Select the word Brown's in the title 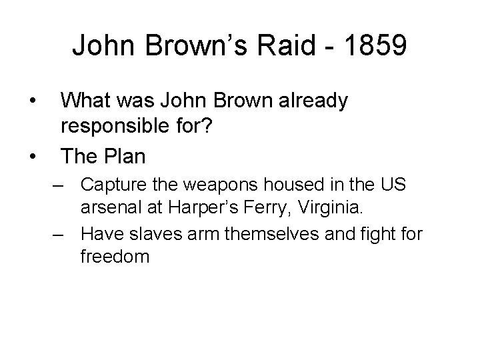pyautogui.click(x=191, y=46)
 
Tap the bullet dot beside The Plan pyautogui.click(x=33, y=157)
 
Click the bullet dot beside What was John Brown pyautogui.click(x=33, y=101)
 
